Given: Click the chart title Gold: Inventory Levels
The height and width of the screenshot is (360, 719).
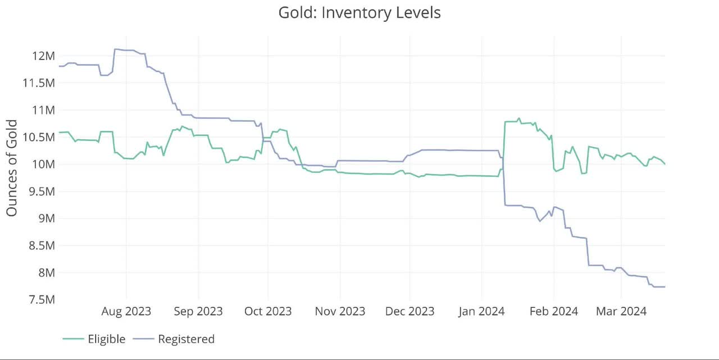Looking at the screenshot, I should point(359,12).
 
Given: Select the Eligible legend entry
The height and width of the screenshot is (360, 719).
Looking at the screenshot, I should point(106,339).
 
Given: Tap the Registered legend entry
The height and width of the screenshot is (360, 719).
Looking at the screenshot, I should point(186,339).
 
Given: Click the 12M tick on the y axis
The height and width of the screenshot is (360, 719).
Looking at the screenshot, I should point(43,56).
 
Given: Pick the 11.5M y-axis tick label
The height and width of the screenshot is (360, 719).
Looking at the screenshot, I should point(38,83).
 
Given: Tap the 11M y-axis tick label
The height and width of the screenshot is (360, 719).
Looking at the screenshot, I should point(43,110).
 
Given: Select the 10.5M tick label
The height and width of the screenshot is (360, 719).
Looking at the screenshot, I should point(38,137).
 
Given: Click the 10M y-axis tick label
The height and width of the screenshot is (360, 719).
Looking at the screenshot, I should point(43,164).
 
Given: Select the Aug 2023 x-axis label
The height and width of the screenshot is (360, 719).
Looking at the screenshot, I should point(126,311).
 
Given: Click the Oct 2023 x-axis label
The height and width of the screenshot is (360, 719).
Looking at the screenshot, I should point(267,311).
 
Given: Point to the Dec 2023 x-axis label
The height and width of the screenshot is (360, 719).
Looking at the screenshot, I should point(410,311).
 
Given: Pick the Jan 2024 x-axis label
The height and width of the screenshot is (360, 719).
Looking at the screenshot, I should point(481,311).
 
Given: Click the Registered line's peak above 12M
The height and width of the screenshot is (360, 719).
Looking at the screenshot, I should point(115,49).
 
